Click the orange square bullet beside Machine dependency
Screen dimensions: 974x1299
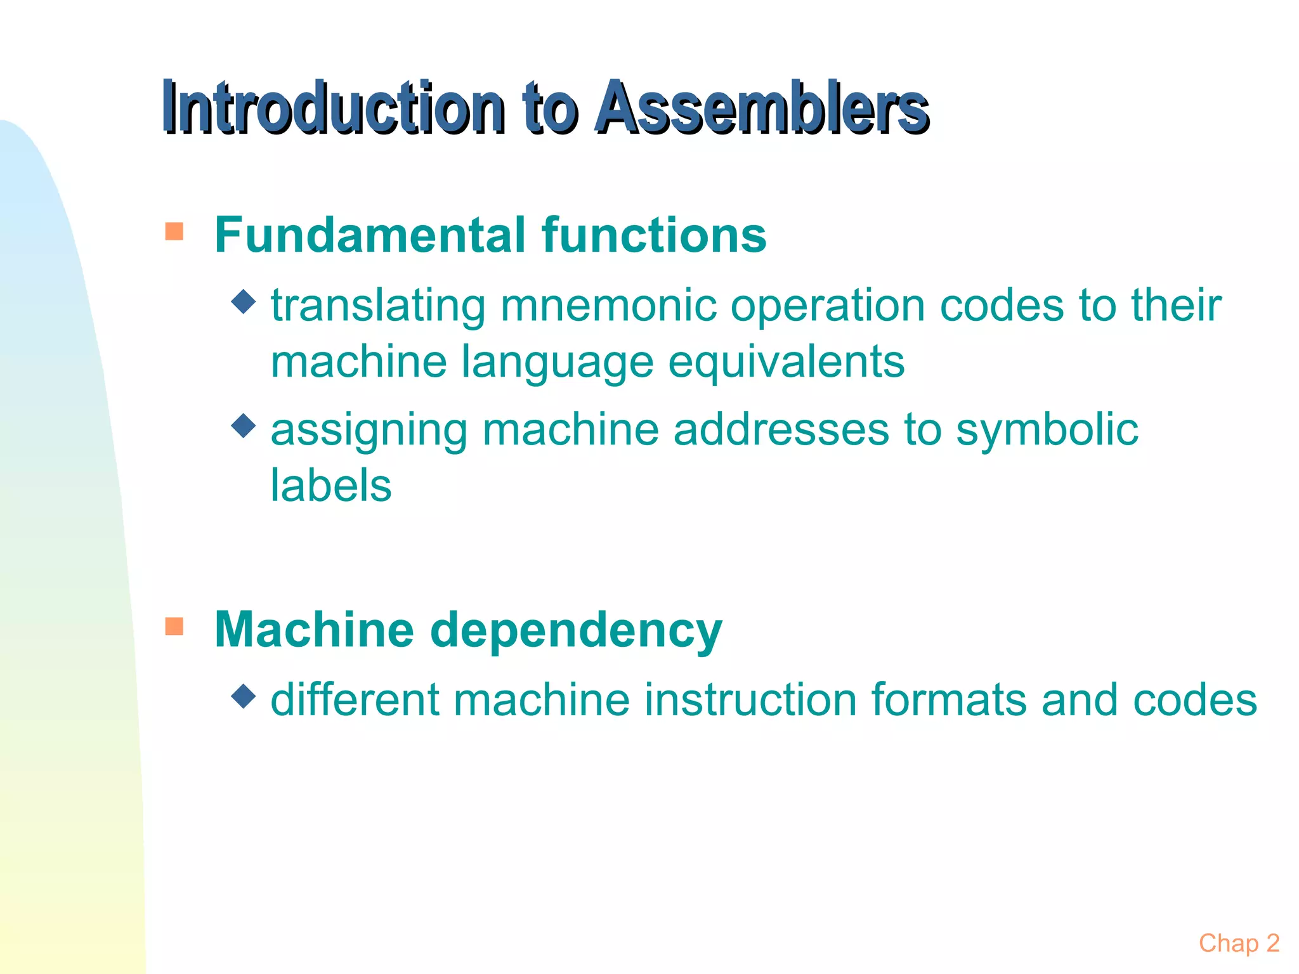[x=174, y=627]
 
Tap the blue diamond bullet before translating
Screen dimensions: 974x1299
[x=244, y=302]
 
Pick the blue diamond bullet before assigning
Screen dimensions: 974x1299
[x=244, y=426]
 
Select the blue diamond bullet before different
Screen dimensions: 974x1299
[x=244, y=696]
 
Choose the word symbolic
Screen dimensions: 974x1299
[x=1047, y=431]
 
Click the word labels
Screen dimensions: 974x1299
[x=331, y=486]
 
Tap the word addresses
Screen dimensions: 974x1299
[x=781, y=431]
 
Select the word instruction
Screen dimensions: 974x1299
[x=750, y=701]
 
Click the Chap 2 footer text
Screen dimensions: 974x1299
[x=1239, y=944]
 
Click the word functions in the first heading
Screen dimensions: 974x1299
[x=654, y=235]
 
